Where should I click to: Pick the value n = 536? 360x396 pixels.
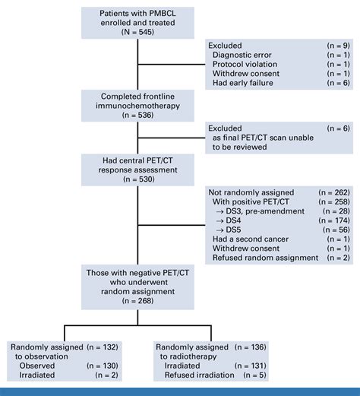[x=137, y=116]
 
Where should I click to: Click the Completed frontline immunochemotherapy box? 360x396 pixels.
[x=137, y=105]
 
